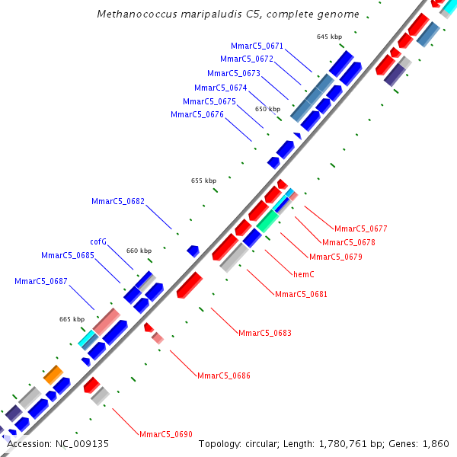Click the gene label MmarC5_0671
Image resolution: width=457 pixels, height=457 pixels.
tap(257, 46)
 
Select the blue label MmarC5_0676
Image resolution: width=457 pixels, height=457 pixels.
tap(197, 114)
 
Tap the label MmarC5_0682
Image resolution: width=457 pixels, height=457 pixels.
tap(118, 201)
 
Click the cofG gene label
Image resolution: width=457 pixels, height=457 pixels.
tap(98, 241)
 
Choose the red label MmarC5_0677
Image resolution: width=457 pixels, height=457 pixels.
tap(361, 228)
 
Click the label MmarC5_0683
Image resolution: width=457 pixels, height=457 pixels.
tap(265, 333)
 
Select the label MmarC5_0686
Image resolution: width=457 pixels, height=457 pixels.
tap(224, 376)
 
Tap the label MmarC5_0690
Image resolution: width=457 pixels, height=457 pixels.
tap(166, 434)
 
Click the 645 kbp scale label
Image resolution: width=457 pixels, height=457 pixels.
tap(329, 37)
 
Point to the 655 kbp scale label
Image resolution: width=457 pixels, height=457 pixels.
tap(203, 181)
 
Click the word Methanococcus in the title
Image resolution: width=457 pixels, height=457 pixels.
tap(134, 14)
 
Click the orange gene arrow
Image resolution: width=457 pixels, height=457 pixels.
tap(53, 374)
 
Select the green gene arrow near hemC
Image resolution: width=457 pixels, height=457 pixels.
tap(267, 222)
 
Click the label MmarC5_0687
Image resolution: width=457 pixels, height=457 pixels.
tap(41, 281)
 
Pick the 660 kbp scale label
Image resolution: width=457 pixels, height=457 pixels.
tap(139, 251)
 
